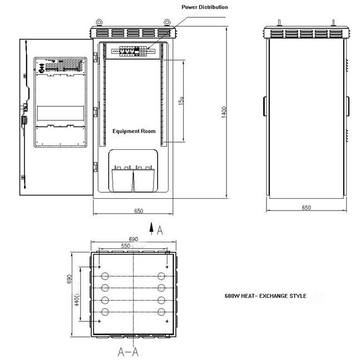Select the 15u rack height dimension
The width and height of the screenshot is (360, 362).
pos(180,101)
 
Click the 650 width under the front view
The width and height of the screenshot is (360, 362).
pos(139,211)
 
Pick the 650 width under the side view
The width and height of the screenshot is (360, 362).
pos(306,208)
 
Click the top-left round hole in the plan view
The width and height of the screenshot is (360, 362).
pos(103,276)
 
